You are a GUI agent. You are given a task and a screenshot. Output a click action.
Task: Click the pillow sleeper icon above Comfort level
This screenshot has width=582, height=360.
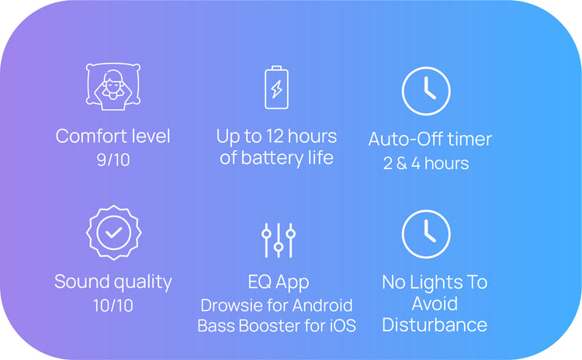coord(113,86)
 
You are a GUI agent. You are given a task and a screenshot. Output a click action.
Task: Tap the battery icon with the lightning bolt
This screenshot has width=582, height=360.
coord(276,88)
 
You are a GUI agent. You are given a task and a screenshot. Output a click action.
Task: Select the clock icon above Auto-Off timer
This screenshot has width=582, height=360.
coord(426,91)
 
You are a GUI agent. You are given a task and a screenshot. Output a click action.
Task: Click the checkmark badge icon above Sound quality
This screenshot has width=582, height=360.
coord(113,233)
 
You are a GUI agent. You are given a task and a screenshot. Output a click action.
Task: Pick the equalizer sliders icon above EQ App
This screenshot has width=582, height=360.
coord(279,240)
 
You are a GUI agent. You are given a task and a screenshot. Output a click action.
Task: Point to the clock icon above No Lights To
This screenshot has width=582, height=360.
coord(426,234)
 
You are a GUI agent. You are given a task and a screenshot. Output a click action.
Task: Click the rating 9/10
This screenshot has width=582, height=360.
coord(113,160)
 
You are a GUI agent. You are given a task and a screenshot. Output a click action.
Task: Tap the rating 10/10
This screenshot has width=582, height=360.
coord(113,306)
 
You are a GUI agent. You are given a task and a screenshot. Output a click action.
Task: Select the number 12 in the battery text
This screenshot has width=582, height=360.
coord(275,137)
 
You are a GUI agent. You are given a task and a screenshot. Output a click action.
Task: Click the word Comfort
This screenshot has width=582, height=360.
coord(87,136)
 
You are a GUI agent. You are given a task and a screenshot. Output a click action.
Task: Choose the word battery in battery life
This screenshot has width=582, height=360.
coord(272,158)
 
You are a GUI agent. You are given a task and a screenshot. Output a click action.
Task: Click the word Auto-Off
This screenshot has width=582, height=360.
coord(406,139)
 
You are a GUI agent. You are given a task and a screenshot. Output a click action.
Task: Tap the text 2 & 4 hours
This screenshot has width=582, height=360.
coord(426,163)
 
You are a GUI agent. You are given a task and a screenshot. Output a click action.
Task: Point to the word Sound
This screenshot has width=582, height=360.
coord(79,282)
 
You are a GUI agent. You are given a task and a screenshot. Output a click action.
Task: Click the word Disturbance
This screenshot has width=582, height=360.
coord(435,325)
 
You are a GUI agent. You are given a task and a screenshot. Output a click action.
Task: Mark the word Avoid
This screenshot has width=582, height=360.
coord(435,304)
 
